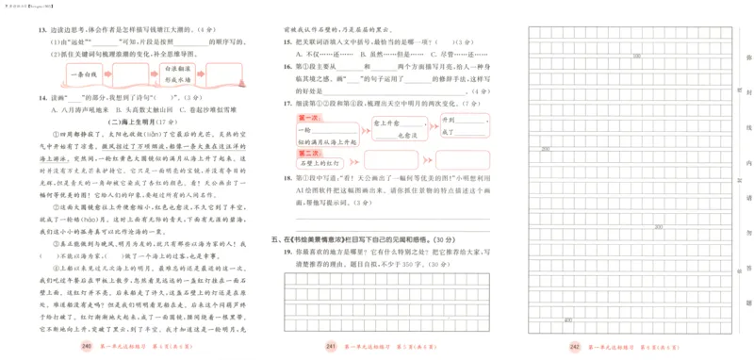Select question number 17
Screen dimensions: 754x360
(x=274, y=102)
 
